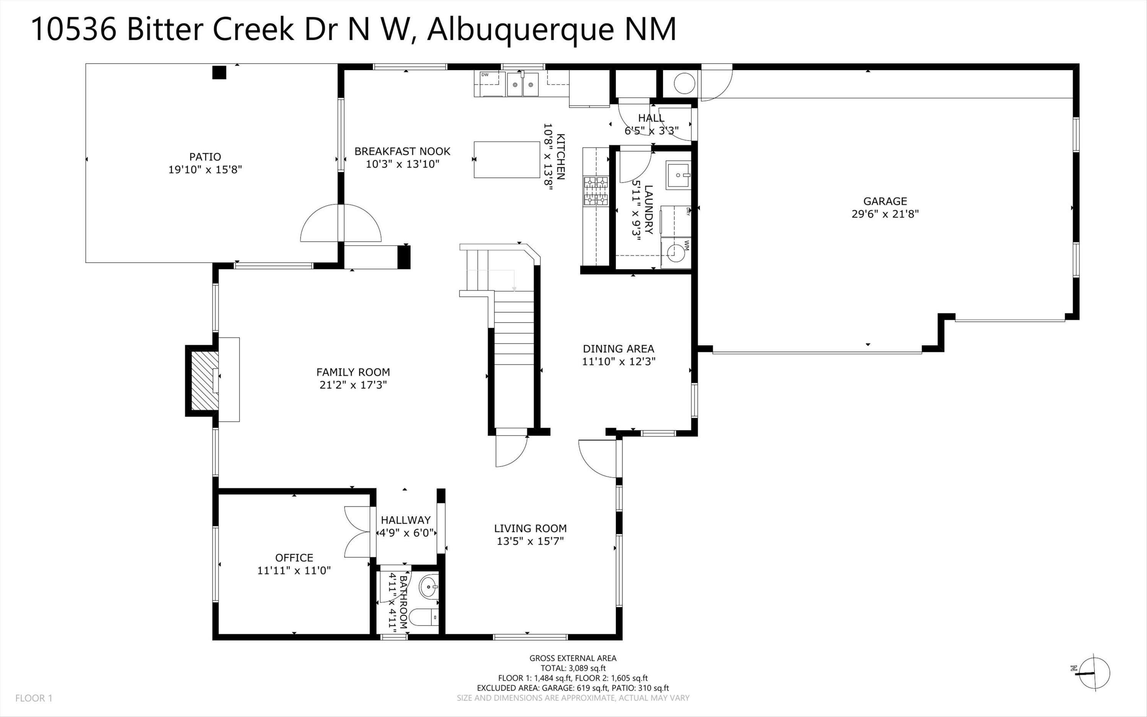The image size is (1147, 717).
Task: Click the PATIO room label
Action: (205, 156)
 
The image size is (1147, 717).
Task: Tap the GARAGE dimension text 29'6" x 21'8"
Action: (885, 214)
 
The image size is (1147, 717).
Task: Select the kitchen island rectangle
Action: (507, 160)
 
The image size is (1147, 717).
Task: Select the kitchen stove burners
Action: (596, 191)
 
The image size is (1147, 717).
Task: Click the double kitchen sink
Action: (523, 85)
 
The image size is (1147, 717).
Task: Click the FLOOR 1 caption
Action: (34, 698)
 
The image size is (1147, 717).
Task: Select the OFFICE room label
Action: (294, 558)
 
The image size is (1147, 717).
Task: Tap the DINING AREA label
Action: (618, 349)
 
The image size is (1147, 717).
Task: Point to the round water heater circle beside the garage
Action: (684, 84)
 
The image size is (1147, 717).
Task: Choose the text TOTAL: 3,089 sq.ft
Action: (573, 668)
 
